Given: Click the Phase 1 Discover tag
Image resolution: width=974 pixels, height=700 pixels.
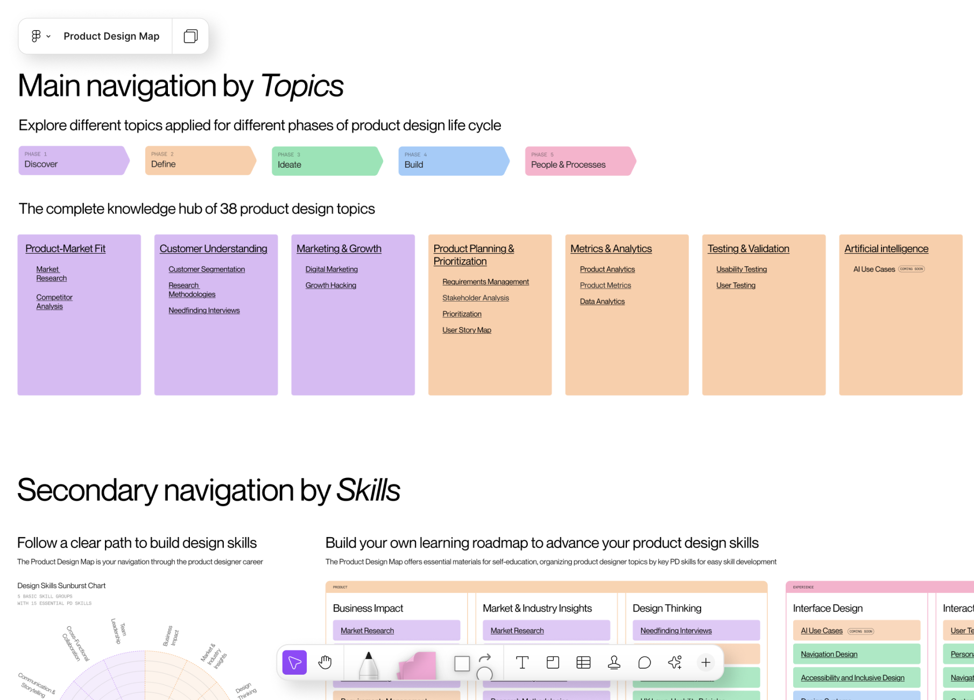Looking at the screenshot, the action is click(73, 160).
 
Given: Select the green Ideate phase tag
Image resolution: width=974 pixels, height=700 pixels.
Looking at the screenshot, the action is click(326, 161).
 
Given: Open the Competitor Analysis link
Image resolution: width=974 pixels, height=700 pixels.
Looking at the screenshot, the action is click(54, 302).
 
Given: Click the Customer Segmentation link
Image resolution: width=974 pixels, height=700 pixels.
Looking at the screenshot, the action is click(207, 269).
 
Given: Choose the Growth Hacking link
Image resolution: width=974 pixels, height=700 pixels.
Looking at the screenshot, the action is click(330, 285).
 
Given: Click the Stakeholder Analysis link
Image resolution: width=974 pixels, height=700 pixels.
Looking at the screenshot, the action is click(475, 298).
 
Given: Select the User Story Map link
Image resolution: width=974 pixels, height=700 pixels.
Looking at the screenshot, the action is click(467, 330).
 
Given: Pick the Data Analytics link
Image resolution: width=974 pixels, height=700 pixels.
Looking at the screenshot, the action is click(602, 302).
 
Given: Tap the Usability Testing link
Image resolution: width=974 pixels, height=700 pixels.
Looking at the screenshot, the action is click(741, 269).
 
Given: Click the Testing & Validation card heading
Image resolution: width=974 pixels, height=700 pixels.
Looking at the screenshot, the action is click(748, 249).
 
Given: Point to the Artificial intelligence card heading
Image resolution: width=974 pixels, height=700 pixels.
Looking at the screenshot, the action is click(886, 249).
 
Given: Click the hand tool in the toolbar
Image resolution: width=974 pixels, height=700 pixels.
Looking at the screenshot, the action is click(325, 662).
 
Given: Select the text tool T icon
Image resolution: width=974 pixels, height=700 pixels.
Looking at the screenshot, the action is click(522, 662).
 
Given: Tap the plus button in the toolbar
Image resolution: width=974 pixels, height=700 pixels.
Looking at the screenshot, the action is click(705, 662).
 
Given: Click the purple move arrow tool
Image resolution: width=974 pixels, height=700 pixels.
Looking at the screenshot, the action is click(294, 662).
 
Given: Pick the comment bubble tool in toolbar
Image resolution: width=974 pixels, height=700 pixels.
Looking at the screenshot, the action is click(644, 662).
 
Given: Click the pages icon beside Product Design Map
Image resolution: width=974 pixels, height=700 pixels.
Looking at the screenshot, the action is click(190, 36).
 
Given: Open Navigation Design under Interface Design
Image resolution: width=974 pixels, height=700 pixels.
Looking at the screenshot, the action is click(829, 654).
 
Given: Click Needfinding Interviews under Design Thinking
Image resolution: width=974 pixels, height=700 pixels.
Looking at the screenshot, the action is click(676, 631).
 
